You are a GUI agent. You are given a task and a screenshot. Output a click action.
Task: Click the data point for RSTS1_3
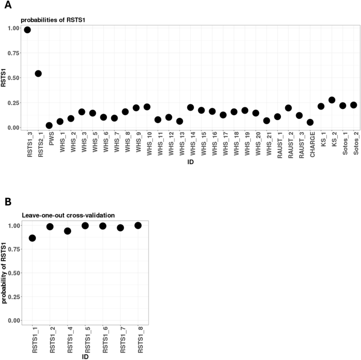tap(27, 30)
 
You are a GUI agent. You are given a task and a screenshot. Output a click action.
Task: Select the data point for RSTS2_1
tap(38, 74)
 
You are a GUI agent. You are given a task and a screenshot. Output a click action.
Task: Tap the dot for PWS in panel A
tap(49, 126)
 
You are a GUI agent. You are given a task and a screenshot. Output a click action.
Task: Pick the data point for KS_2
tap(331, 100)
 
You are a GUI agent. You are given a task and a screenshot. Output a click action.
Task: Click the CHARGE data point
tap(310, 123)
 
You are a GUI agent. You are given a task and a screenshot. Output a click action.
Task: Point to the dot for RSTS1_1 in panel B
tap(33, 238)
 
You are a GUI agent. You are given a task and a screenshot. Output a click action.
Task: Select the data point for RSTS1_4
tap(67, 231)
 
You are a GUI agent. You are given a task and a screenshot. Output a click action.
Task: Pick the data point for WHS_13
tap(180, 121)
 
